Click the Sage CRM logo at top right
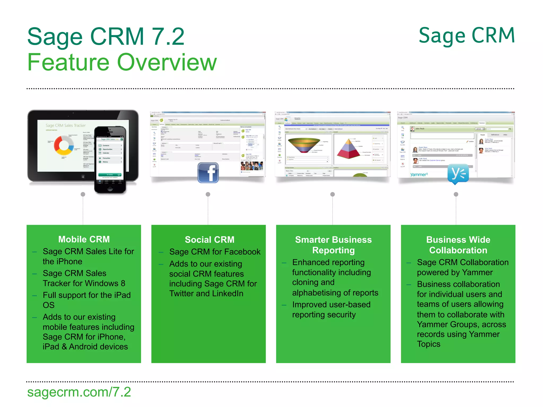pos(466,36)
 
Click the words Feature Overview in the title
pos(122,63)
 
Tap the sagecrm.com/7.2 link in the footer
pos(79,392)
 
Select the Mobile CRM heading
pos(84,239)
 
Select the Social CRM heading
pos(209,240)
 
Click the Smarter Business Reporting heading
pos(333,245)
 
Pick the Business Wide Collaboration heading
pos(458,245)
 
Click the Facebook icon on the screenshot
pos(208,172)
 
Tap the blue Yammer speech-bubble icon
pos(458,174)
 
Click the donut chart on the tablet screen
pos(64,145)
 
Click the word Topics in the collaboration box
pos(428,344)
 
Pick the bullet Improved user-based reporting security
pos(331,309)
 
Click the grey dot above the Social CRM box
pos(208,194)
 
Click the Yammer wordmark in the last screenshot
pos(419,175)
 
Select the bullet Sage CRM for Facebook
pos(215,252)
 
